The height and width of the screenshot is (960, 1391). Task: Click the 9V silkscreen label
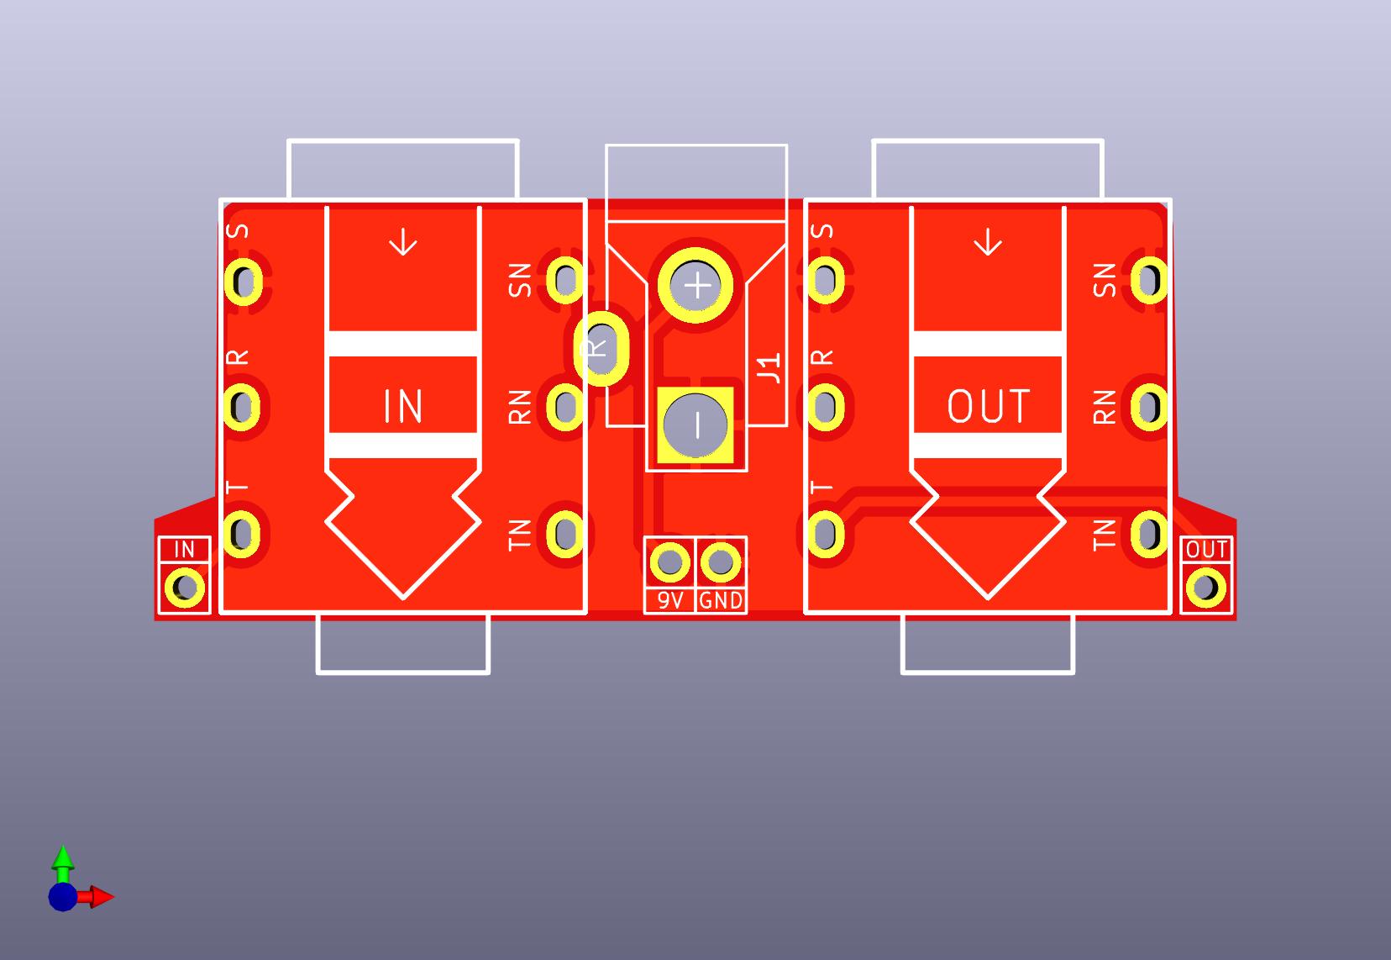pos(669,600)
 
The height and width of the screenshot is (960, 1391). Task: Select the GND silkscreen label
pos(721,600)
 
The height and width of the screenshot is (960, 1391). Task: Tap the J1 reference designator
pos(769,367)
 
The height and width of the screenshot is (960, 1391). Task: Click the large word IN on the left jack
pos(403,407)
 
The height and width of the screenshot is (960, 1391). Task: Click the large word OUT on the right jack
pos(988,407)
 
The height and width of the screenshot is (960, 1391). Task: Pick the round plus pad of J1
pos(696,286)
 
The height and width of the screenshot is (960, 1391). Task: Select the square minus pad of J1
pos(696,425)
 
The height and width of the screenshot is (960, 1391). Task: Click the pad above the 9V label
pos(670,562)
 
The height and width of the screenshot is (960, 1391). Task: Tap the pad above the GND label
pos(720,562)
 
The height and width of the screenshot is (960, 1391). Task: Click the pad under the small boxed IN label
pos(184,588)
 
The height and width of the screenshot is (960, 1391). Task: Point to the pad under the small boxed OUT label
pos(1206,588)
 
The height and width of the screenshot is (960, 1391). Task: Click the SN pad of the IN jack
pos(565,279)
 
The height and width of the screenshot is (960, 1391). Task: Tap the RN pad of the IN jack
pos(565,407)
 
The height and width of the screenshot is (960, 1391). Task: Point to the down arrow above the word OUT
pos(988,243)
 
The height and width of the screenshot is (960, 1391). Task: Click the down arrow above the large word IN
pos(404,243)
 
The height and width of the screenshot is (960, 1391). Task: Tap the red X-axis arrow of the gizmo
pos(101,897)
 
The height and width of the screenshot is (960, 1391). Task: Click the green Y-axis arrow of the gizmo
pos(63,858)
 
